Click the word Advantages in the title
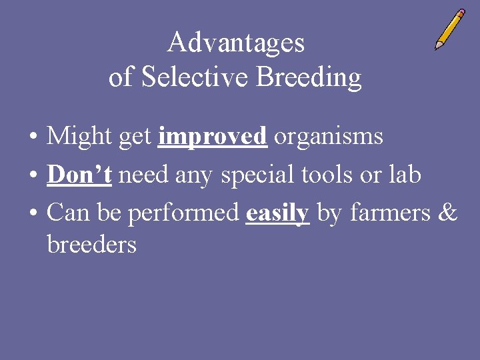pos(235,43)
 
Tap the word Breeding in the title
pos(309,79)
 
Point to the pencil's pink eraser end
pos(461,13)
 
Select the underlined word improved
pos(213,137)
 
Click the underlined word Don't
pos(79,175)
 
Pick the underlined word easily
pos(277,214)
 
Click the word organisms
pos(329,137)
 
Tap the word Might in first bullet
pos(79,137)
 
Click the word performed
pos(183,213)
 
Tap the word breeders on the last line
pos(91,245)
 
